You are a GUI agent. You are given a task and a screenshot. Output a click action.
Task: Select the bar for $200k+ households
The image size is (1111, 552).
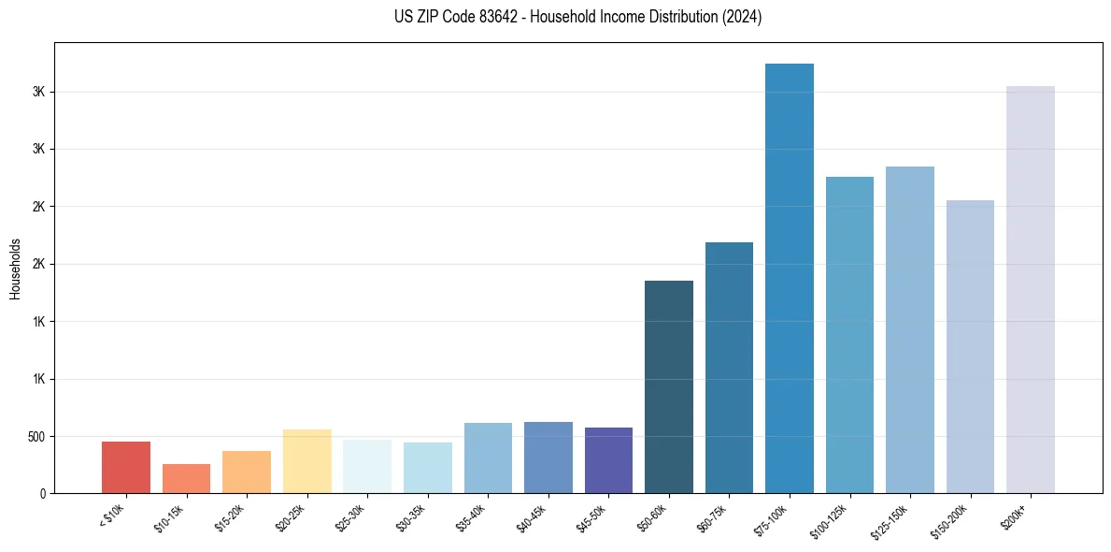click(x=1031, y=290)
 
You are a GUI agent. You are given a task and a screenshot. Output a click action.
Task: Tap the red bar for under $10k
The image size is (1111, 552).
click(x=126, y=467)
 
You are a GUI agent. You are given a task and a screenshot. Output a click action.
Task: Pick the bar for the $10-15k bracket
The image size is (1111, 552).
click(x=186, y=478)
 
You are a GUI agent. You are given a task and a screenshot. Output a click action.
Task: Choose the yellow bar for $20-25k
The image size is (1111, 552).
click(x=307, y=461)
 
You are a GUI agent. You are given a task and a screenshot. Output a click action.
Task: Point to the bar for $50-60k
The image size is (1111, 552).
click(x=669, y=386)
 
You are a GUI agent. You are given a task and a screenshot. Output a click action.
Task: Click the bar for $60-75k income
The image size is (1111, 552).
click(x=729, y=368)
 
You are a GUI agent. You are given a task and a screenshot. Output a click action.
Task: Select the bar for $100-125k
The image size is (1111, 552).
click(x=849, y=335)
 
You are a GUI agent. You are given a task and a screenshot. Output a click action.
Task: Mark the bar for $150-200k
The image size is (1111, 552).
click(x=970, y=346)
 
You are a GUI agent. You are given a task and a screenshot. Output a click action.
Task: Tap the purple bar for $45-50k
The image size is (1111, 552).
click(x=608, y=460)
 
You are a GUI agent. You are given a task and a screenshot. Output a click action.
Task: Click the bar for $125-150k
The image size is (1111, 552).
click(x=910, y=329)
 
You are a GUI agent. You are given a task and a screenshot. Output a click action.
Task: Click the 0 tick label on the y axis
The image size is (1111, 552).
click(x=43, y=494)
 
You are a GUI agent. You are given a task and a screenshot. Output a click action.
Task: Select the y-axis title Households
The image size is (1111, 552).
click(x=16, y=269)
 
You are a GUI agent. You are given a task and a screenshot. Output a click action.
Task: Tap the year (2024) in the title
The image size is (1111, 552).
click(x=742, y=17)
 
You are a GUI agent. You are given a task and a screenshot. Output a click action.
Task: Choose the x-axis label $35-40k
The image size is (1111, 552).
click(x=472, y=517)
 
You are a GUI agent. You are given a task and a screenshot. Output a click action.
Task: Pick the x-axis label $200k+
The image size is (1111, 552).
click(x=1017, y=514)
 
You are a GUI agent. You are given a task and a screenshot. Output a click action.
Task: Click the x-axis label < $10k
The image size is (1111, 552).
click(x=111, y=516)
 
